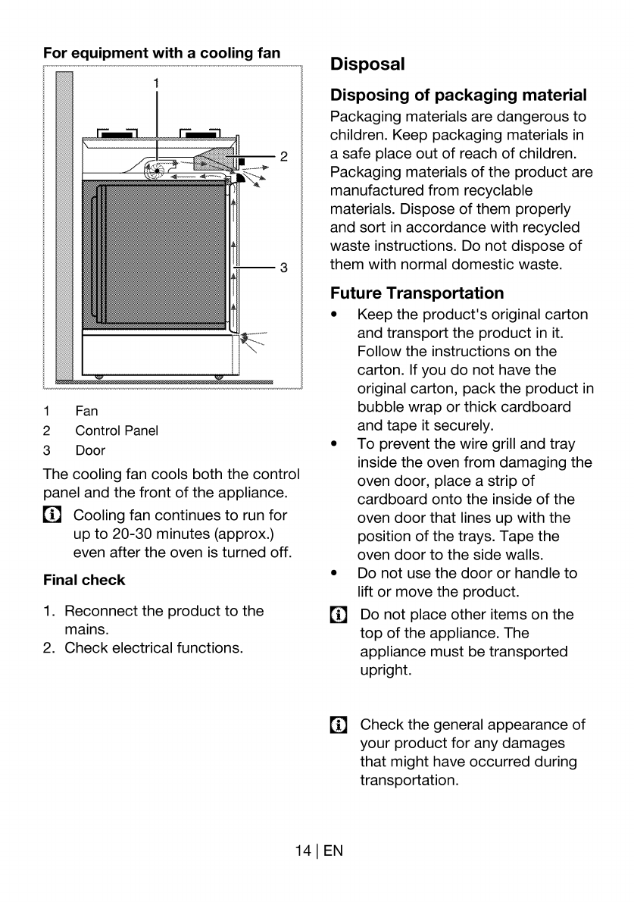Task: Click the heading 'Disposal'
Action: (x=367, y=64)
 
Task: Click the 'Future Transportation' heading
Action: (x=417, y=293)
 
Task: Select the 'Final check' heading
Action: (x=84, y=580)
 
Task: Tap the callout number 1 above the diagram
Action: (x=156, y=83)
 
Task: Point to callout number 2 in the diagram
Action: (x=283, y=156)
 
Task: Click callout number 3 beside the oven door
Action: (x=283, y=268)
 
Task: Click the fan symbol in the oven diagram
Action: (x=155, y=170)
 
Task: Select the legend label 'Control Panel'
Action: (x=117, y=431)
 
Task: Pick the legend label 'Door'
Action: (x=90, y=450)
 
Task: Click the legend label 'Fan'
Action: (x=87, y=412)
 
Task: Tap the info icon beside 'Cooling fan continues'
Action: (x=52, y=515)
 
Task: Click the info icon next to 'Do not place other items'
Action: (x=339, y=615)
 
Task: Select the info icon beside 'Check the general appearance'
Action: (x=339, y=725)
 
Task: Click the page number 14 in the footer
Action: (x=303, y=850)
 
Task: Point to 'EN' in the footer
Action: (x=333, y=850)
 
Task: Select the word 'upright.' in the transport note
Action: (x=386, y=671)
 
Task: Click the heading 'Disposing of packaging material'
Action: (x=459, y=95)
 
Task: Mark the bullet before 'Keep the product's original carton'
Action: (x=334, y=315)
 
